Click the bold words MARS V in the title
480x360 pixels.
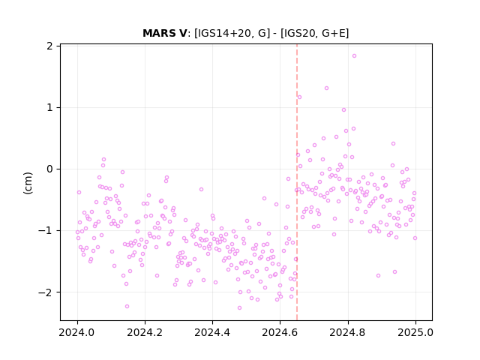click(x=164, y=33)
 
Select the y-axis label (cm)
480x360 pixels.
click(x=28, y=183)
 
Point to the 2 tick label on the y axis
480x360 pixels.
click(x=49, y=46)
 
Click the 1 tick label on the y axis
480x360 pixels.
click(x=49, y=107)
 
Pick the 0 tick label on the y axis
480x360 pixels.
click(x=49, y=169)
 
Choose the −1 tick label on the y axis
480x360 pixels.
click(x=45, y=230)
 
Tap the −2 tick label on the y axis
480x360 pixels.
click(x=45, y=292)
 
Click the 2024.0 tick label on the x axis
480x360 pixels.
click(x=77, y=332)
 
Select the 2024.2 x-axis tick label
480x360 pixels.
click(x=145, y=332)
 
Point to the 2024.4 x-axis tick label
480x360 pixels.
click(x=212, y=332)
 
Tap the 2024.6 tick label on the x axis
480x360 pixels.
click(x=280, y=332)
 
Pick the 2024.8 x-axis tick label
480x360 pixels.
click(x=348, y=332)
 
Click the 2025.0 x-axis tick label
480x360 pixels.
click(x=415, y=332)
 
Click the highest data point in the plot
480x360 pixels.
click(x=354, y=56)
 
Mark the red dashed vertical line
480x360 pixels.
click(x=297, y=182)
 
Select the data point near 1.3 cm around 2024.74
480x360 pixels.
click(x=327, y=88)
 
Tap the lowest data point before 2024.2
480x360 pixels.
click(x=127, y=307)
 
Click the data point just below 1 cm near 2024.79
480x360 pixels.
click(x=343, y=110)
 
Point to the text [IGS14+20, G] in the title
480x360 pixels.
click(x=232, y=33)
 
